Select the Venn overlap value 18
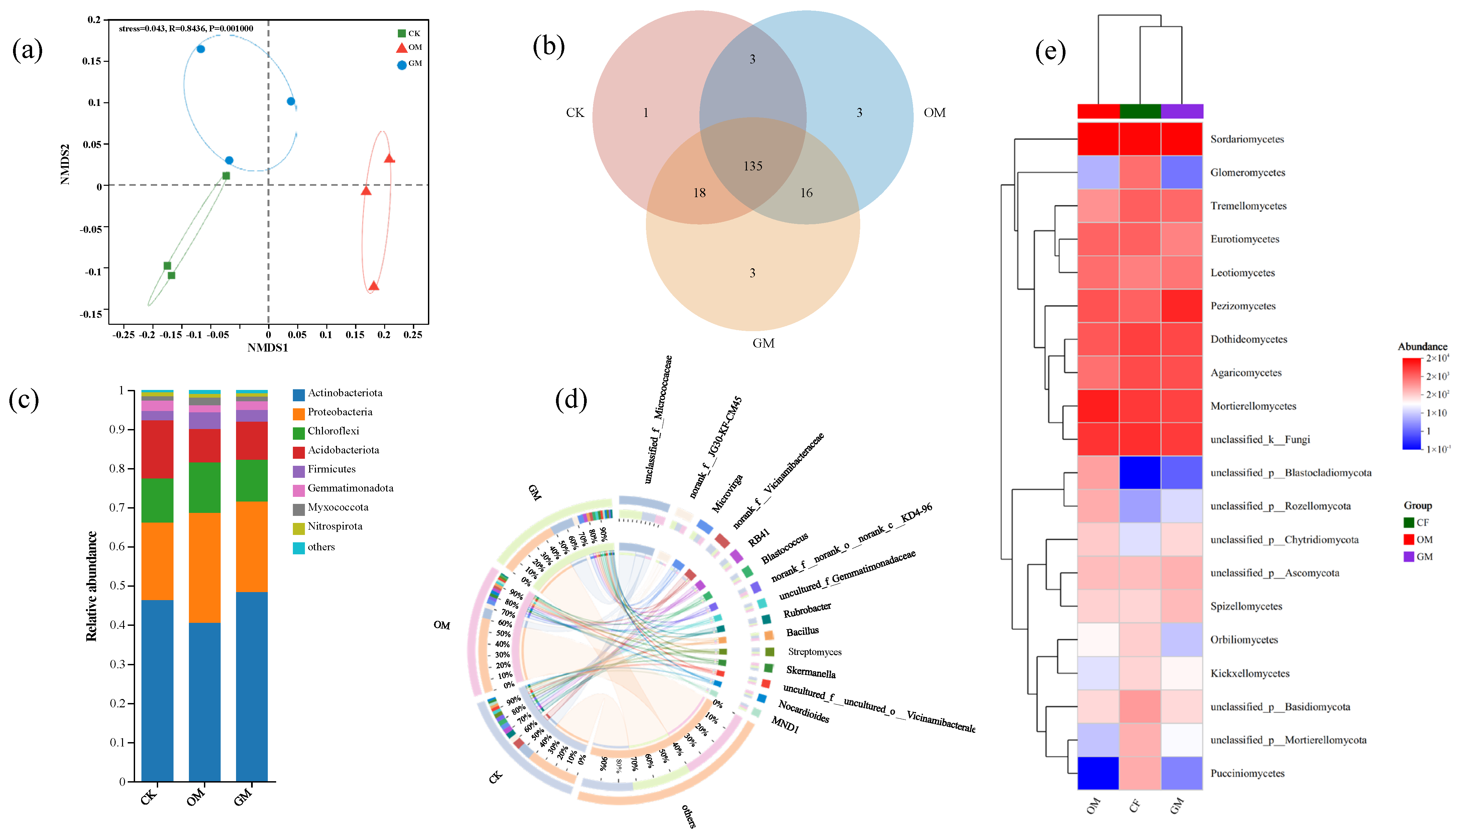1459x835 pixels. point(699,193)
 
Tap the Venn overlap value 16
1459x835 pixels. point(806,193)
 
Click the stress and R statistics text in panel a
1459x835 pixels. point(186,29)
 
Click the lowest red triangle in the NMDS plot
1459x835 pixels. point(373,286)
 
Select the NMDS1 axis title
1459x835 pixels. point(267,347)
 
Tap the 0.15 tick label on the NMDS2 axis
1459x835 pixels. point(92,61)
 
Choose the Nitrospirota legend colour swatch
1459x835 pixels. point(298,528)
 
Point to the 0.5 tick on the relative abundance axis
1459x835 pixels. point(118,585)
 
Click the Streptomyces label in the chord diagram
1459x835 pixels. point(815,652)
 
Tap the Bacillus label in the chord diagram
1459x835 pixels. point(802,632)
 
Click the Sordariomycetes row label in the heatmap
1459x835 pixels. point(1247,139)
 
